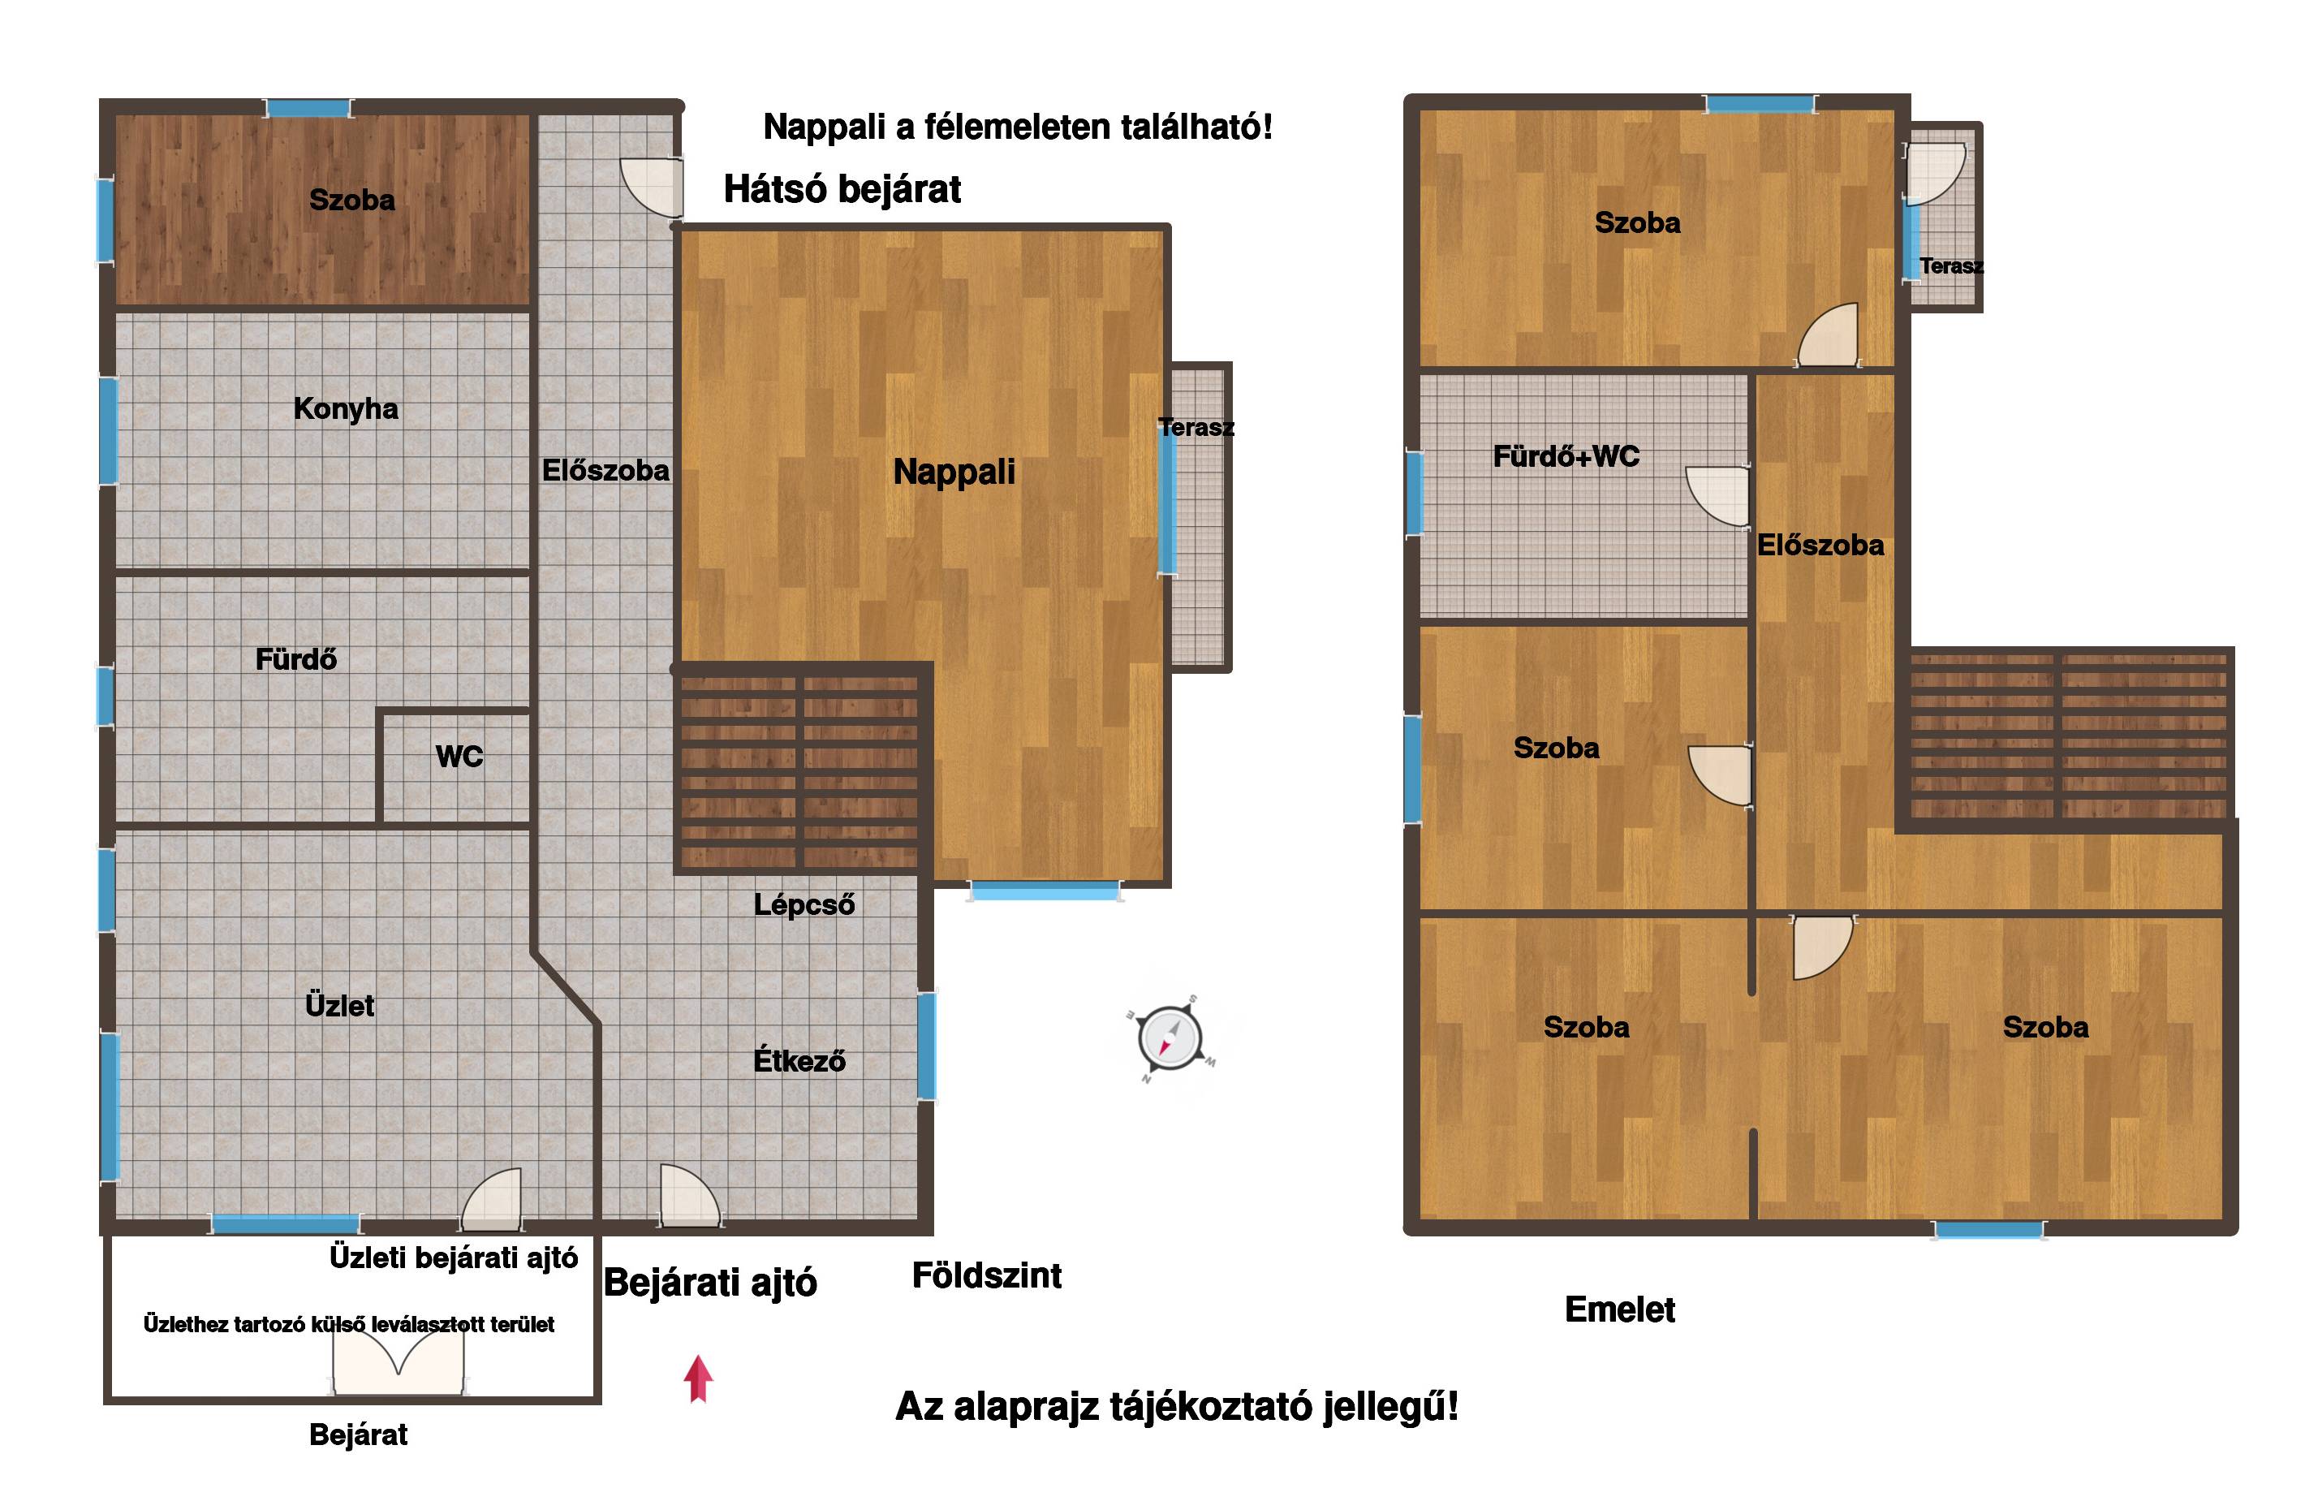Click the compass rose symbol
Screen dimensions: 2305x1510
point(1171,1038)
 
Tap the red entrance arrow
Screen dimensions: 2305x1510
point(698,1378)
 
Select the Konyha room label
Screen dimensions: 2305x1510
point(346,408)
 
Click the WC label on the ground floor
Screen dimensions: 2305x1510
point(459,757)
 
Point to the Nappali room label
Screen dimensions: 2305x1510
point(954,472)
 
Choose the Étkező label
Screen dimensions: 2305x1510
point(799,1059)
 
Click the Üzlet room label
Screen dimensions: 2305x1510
point(339,1005)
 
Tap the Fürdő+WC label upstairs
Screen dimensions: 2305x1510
point(1566,456)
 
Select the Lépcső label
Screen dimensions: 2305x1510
point(804,904)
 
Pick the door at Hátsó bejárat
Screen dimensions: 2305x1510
point(652,187)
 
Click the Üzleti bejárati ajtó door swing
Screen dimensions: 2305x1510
point(492,1199)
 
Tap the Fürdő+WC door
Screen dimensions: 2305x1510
point(1718,496)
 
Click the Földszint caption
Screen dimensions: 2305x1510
point(987,1275)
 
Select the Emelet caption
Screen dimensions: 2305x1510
point(1620,1309)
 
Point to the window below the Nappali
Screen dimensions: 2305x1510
point(1045,891)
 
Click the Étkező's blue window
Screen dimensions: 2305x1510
point(927,1046)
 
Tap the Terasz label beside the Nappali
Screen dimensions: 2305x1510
point(1196,427)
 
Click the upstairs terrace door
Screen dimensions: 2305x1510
point(1935,175)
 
